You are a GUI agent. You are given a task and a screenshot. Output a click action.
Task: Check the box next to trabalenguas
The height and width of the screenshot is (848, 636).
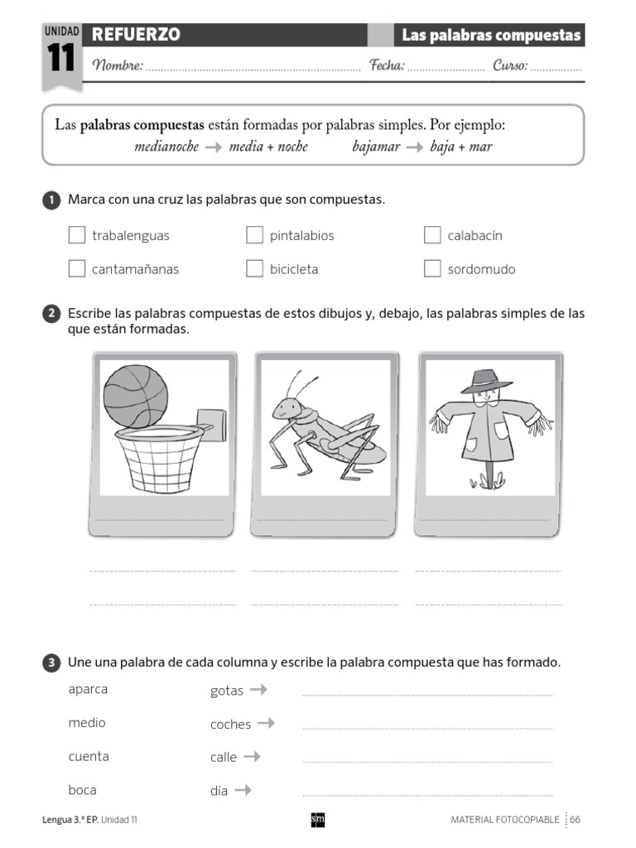click(x=77, y=235)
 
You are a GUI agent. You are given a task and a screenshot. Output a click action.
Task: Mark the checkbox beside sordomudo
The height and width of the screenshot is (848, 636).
click(x=432, y=268)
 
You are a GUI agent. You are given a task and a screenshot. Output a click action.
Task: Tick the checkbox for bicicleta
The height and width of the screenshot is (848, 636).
click(x=254, y=268)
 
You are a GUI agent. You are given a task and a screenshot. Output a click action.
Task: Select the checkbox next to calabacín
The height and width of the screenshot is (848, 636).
click(x=432, y=235)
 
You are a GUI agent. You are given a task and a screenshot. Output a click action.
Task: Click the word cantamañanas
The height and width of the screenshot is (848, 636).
click(x=135, y=269)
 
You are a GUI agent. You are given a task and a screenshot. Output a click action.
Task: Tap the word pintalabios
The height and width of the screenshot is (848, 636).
click(x=301, y=236)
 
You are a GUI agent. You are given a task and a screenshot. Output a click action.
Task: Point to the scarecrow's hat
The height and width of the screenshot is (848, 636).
click(x=481, y=382)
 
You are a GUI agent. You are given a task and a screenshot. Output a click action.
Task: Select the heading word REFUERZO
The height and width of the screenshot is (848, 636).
click(x=136, y=35)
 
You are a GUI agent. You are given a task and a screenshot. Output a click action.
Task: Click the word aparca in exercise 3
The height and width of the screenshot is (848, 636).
click(x=88, y=690)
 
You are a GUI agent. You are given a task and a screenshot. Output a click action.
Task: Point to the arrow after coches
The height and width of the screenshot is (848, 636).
click(x=266, y=723)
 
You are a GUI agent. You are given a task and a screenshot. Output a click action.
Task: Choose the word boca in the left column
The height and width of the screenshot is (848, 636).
click(x=83, y=790)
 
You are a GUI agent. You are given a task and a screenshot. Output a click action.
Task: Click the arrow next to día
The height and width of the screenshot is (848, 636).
click(x=243, y=790)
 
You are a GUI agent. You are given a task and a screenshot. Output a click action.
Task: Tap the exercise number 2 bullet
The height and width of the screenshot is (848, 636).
click(x=51, y=314)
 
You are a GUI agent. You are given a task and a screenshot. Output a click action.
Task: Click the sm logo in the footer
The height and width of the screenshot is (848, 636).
click(x=317, y=819)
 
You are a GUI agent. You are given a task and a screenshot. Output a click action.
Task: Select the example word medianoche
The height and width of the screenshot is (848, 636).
click(x=166, y=147)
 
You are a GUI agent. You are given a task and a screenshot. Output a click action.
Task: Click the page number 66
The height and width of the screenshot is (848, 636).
click(x=575, y=819)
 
